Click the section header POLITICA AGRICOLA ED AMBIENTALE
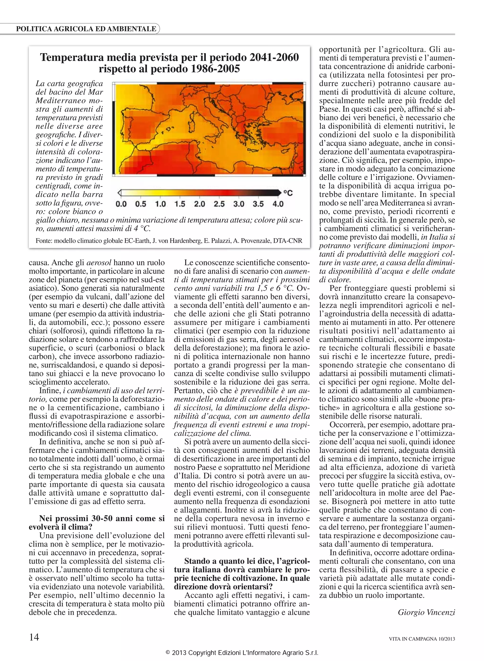(x=86, y=29)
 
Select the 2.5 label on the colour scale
(x=219, y=204)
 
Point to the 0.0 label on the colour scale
(x=121, y=204)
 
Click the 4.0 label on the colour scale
(x=278, y=204)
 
